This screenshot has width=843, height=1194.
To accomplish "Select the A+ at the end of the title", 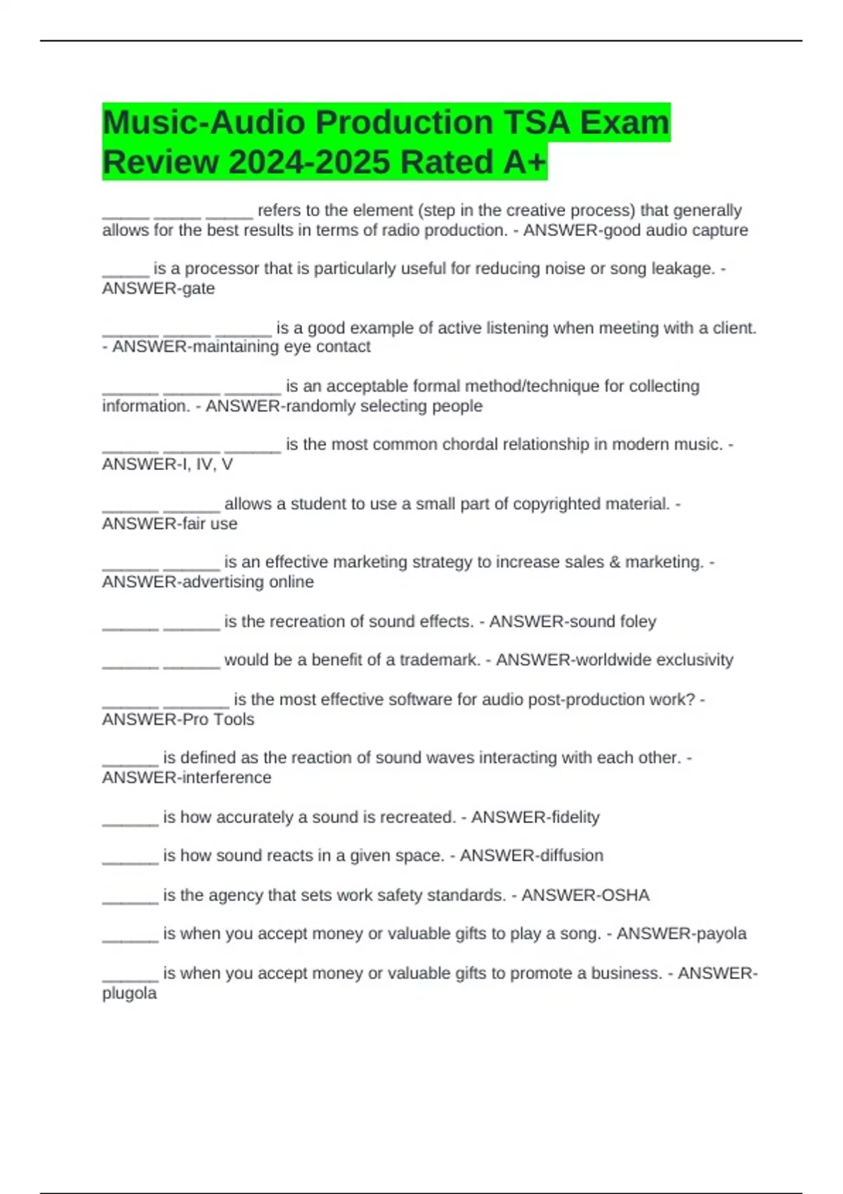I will pyautogui.click(x=524, y=162).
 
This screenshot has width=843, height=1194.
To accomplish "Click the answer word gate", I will pyautogui.click(x=198, y=289).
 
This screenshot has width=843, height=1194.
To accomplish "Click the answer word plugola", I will pyautogui.click(x=129, y=993).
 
